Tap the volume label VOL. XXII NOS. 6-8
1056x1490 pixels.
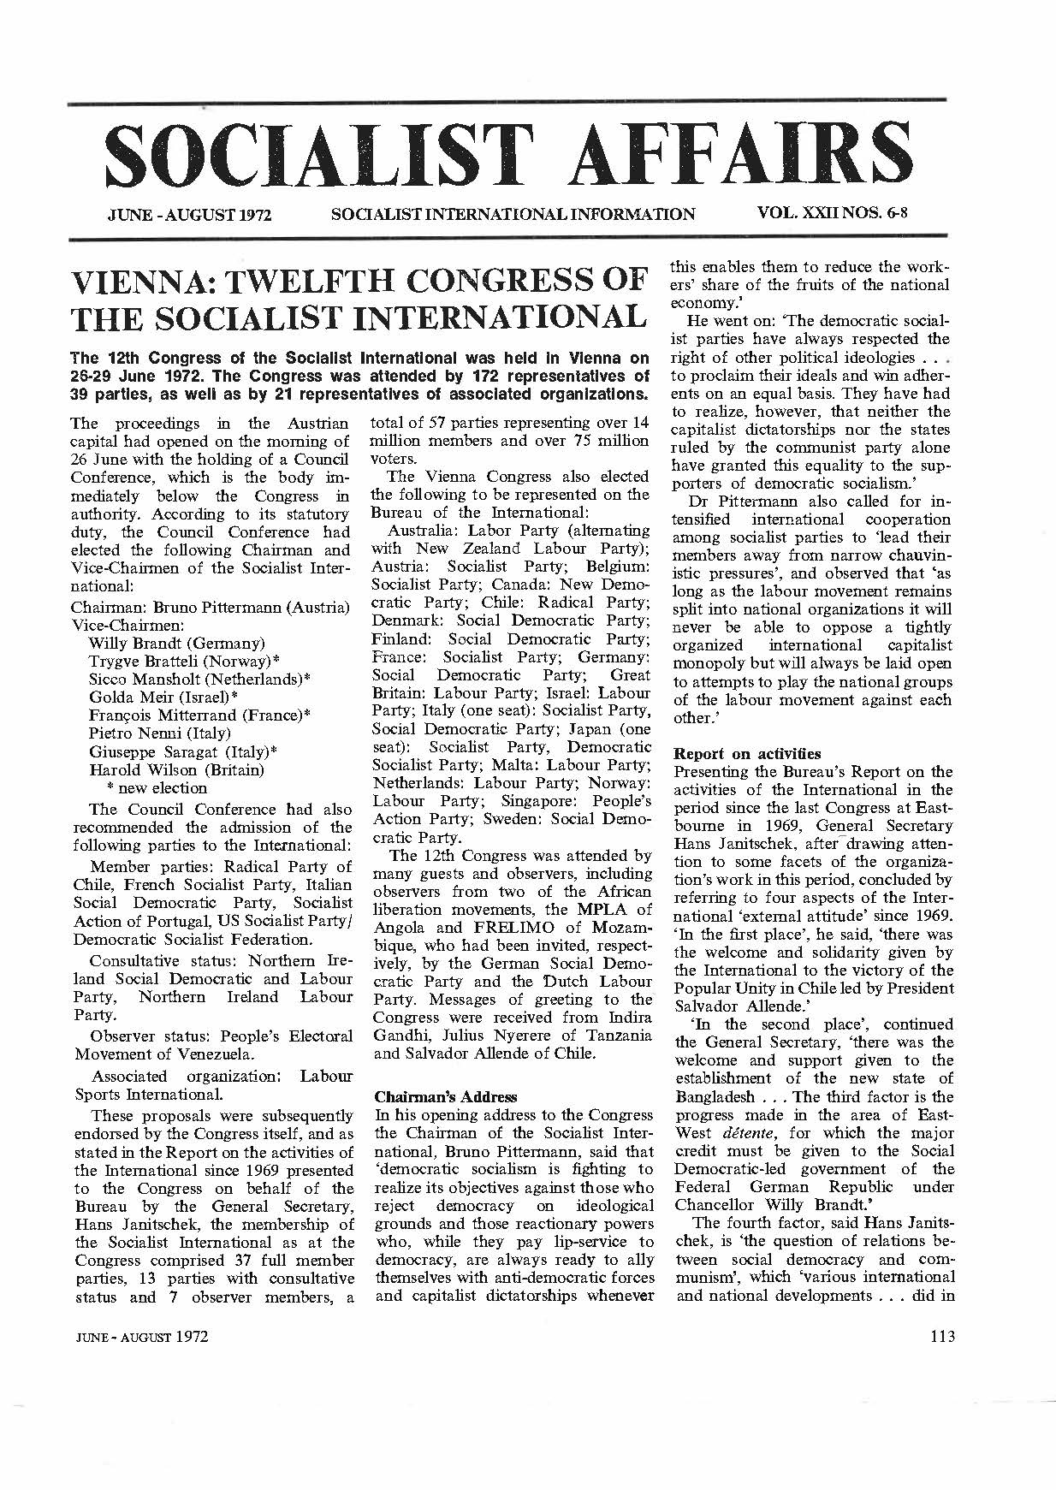(831, 212)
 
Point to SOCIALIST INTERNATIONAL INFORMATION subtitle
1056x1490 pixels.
(513, 214)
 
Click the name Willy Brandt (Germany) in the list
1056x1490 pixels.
(176, 643)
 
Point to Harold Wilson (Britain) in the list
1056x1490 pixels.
(176, 769)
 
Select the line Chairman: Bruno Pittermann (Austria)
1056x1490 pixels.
(210, 607)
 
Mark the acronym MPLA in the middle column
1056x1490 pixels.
(608, 909)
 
